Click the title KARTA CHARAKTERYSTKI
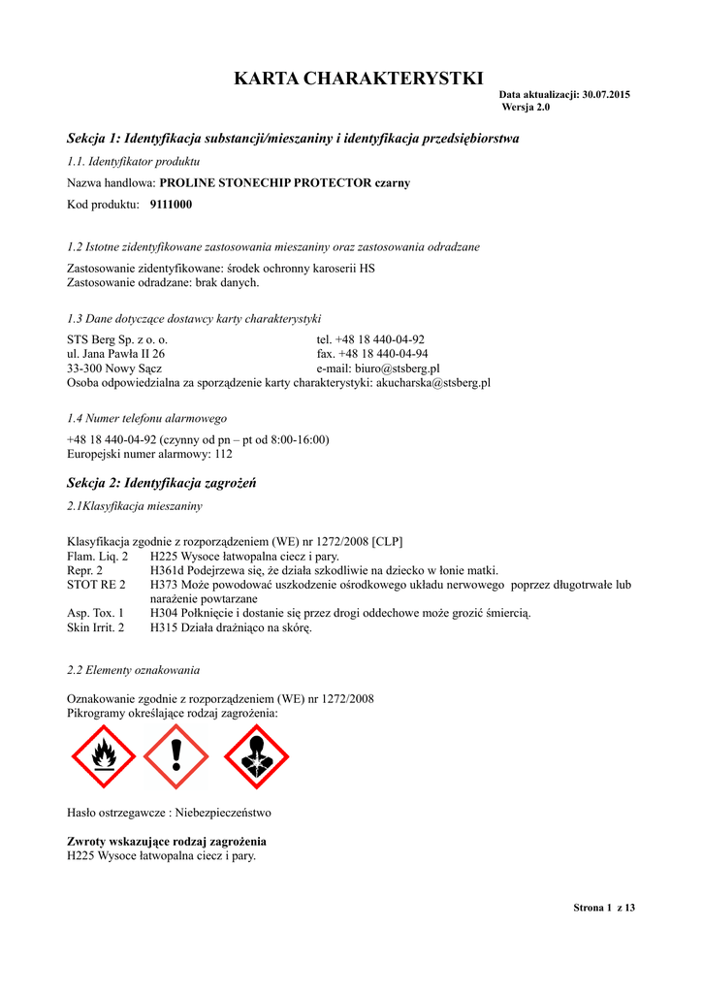pyautogui.click(x=358, y=79)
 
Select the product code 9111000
pyautogui.click(x=171, y=205)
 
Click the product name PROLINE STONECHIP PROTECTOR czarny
pyautogui.click(x=284, y=182)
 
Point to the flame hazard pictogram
pyautogui.click(x=103, y=757)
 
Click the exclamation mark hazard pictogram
pyautogui.click(x=175, y=757)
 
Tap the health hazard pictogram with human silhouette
pyautogui.click(x=256, y=757)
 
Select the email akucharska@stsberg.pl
pyautogui.click(x=432, y=383)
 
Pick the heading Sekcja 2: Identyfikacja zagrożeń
pyautogui.click(x=161, y=482)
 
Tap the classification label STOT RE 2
pyautogui.click(x=96, y=585)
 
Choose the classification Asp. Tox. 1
pyautogui.click(x=95, y=613)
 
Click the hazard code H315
pyautogui.click(x=166, y=627)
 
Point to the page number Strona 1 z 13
pyautogui.click(x=603, y=908)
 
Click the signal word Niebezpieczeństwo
pyautogui.click(x=222, y=813)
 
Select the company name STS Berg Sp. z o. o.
pyautogui.click(x=117, y=340)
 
